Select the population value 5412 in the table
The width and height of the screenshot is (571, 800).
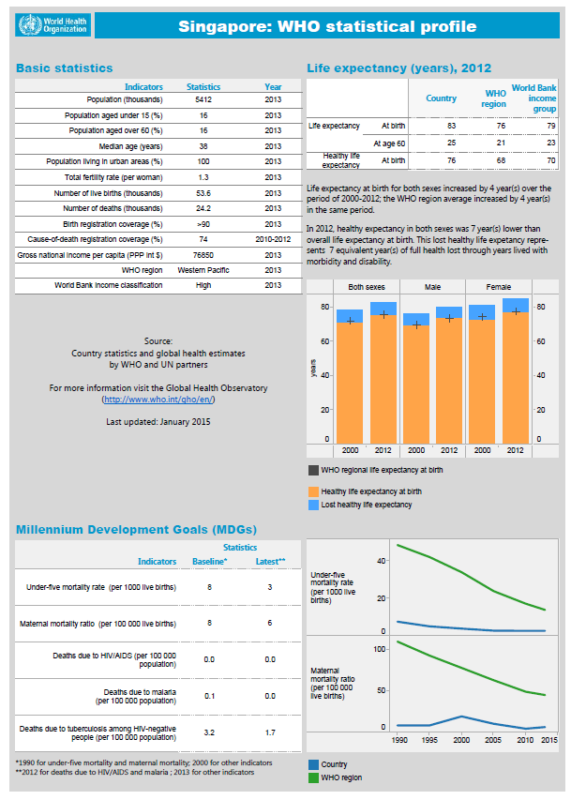203,98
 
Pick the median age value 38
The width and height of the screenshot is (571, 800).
203,145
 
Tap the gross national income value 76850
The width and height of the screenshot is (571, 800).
203,254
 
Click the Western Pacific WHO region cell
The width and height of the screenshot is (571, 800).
203,270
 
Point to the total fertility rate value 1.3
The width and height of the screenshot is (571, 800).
203,176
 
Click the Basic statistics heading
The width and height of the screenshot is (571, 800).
64,68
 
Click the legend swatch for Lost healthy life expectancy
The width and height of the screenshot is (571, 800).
313,506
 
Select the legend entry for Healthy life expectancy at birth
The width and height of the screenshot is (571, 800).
370,491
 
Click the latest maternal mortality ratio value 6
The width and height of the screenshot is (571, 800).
269,623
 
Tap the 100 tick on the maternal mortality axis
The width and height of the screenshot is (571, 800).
380,648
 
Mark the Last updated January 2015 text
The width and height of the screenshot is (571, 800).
158,422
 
